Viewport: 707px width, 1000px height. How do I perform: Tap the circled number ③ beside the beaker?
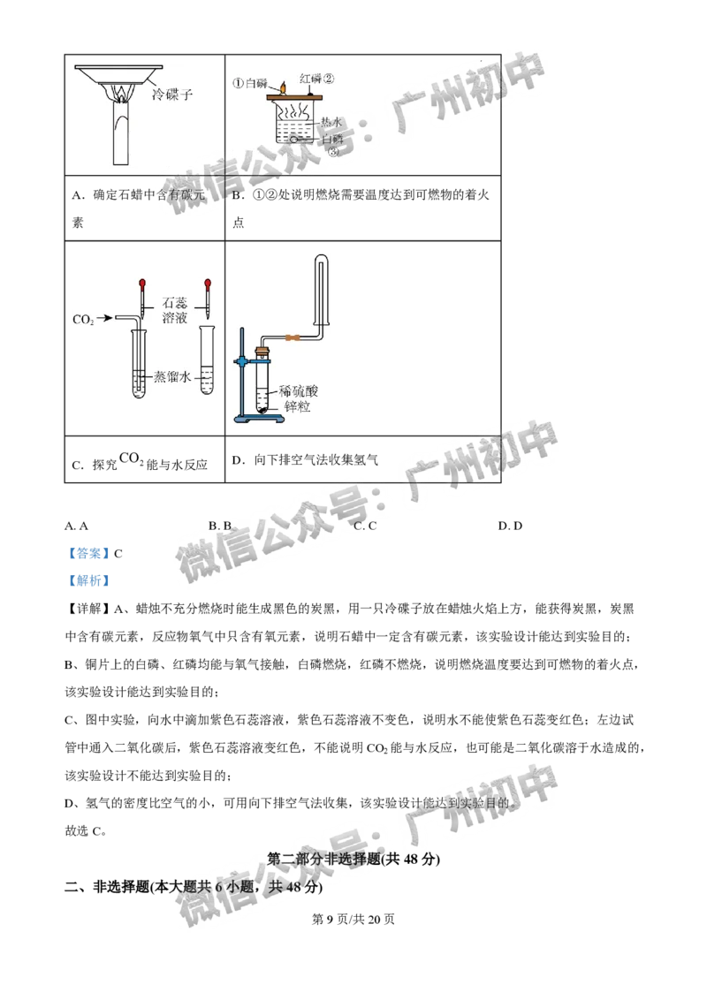tap(332, 152)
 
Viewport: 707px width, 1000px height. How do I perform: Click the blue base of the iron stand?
tap(261, 419)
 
